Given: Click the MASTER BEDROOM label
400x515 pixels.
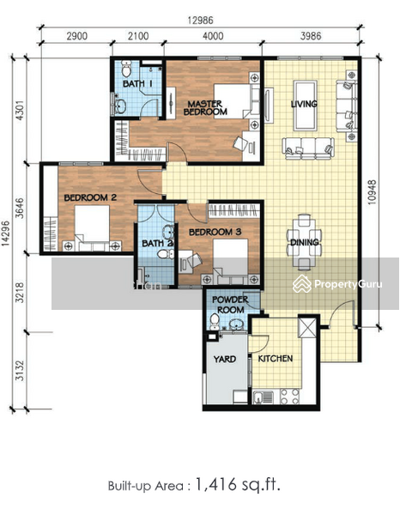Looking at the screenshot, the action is tap(205, 108).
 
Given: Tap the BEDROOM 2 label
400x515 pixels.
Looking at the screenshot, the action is tap(90, 197).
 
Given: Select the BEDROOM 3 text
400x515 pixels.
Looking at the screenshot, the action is tap(215, 233).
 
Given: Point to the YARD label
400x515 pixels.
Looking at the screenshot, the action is tap(225, 359).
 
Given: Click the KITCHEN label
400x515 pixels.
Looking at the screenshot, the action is tap(276, 358).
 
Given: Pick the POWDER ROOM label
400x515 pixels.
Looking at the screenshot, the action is tap(230, 305).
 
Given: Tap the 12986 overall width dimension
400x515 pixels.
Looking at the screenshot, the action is tap(200, 21).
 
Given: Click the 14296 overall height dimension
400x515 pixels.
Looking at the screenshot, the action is tap(5, 233).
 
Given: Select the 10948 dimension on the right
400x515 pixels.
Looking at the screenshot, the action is tap(372, 192).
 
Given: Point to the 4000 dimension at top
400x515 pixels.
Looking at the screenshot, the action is tap(213, 36).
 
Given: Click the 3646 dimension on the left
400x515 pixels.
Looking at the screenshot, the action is tap(20, 209).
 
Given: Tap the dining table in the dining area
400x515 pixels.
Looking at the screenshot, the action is tap(304, 242).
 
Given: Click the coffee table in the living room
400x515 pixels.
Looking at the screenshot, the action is tap(305, 106).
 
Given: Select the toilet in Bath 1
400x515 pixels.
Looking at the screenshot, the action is tap(126, 69).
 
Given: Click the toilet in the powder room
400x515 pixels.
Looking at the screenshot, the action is tap(215, 321).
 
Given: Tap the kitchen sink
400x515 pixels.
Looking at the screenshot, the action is tap(264, 397).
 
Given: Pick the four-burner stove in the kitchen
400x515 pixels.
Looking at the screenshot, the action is tap(289, 397).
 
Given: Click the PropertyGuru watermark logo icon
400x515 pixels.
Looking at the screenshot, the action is tap(302, 284).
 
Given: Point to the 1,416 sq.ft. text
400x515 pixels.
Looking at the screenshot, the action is tap(238, 485).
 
